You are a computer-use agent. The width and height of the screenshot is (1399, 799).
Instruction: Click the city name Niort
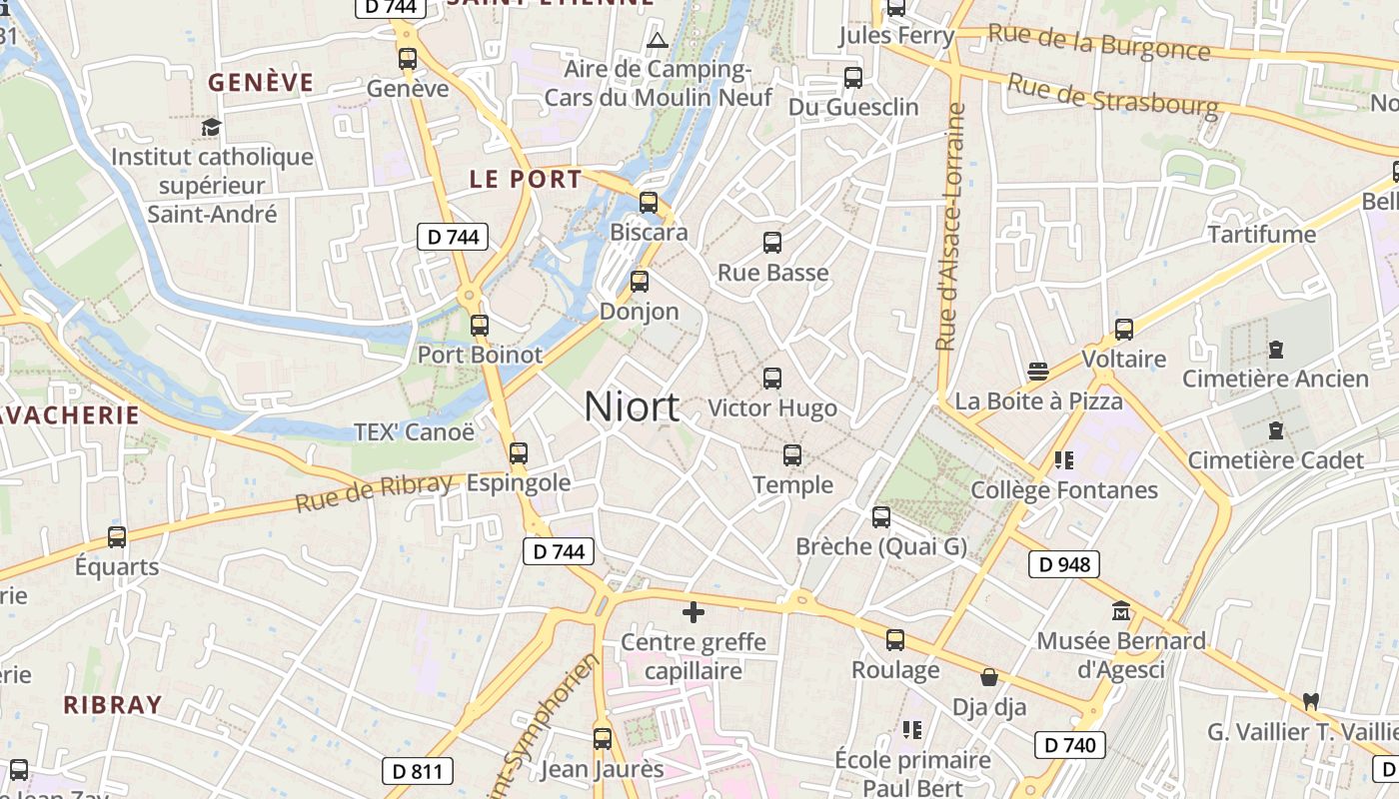pos(632,406)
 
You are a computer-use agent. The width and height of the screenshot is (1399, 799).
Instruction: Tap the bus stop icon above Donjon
pos(640,282)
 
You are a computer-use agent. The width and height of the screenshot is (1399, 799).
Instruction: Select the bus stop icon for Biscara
pos(649,203)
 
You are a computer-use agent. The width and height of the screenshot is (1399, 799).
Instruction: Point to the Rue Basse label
pos(772,273)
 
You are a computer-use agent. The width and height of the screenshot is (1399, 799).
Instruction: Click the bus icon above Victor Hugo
pos(772,379)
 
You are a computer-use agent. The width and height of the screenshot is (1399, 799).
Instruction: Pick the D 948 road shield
pos(1064,564)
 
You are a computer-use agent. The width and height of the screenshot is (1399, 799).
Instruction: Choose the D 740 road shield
pos(1069,744)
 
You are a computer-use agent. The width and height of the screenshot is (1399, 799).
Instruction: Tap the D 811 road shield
pos(418,770)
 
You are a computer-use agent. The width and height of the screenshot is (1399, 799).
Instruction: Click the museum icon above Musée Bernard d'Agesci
pos(1120,610)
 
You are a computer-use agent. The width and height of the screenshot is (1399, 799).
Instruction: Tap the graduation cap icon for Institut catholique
pos(211,127)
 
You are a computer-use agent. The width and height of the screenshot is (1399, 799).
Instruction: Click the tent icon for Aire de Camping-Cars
pos(657,41)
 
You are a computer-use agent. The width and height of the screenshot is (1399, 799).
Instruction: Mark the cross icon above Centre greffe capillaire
pos(693,612)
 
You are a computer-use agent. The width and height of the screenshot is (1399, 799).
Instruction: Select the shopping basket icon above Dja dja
pos(989,677)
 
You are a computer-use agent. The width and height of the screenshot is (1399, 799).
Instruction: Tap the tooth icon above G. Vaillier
pos(1311,702)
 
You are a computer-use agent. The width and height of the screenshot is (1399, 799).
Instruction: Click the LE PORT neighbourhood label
pos(526,180)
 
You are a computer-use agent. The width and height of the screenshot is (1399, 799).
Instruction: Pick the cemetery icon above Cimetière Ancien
pos(1275,350)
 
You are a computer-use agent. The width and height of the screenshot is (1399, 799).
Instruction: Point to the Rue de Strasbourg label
pos(1112,95)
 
